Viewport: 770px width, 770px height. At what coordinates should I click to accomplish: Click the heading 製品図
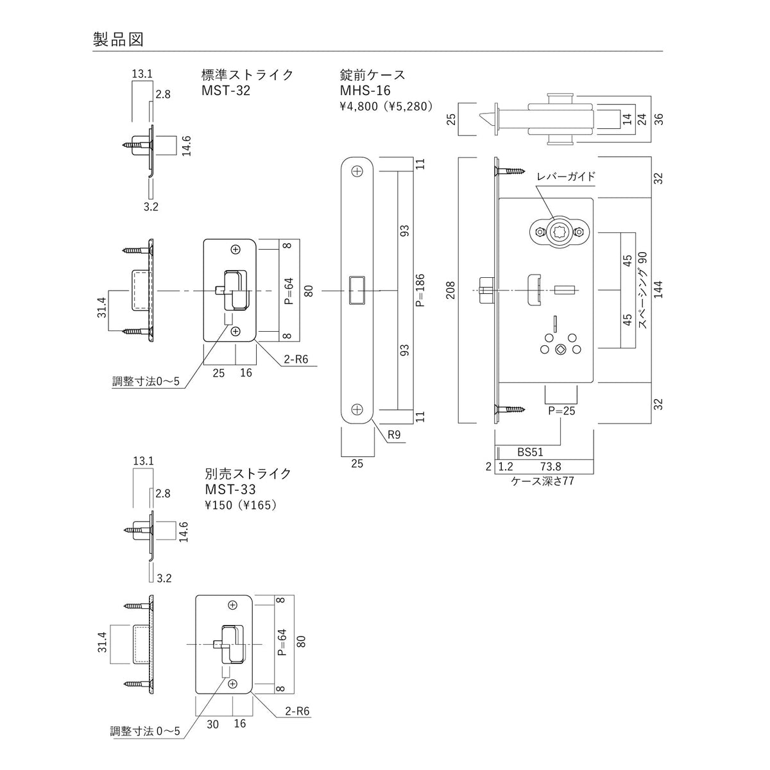(x=118, y=40)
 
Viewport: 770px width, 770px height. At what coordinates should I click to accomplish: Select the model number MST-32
(x=226, y=90)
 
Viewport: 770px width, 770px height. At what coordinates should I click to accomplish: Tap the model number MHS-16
(x=365, y=90)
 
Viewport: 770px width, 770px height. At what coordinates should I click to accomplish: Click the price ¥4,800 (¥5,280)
(x=386, y=107)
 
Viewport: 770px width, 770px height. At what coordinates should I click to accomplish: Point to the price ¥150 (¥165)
(x=241, y=505)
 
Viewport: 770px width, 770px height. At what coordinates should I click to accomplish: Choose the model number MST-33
(x=230, y=490)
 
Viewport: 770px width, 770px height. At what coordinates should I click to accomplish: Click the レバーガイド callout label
(x=566, y=176)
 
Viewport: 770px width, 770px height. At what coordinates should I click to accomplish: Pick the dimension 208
(x=450, y=290)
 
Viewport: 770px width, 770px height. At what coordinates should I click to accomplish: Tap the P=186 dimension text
(x=420, y=290)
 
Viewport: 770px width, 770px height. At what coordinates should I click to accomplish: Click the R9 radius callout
(x=394, y=435)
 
